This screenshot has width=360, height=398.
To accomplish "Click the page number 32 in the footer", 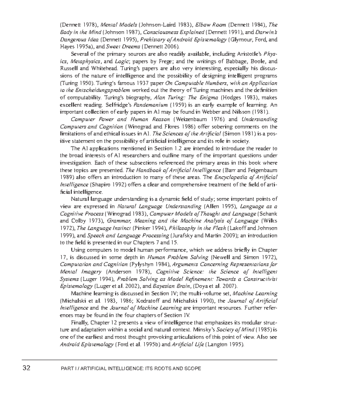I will (26, 368).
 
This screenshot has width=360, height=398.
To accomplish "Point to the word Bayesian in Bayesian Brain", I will (163, 286).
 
